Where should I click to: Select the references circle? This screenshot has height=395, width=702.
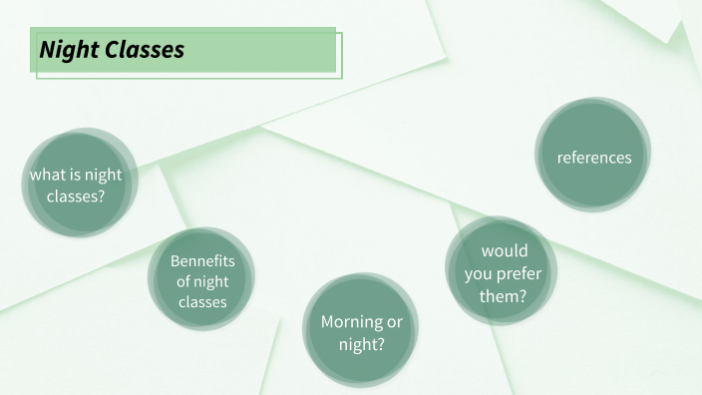(593, 155)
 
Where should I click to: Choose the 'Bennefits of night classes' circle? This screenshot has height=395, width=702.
(202, 280)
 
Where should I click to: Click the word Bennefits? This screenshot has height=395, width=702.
(202, 261)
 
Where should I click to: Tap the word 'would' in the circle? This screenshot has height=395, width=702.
(505, 250)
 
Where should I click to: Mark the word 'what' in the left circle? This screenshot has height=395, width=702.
(46, 176)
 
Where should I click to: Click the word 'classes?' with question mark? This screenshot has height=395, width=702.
(76, 196)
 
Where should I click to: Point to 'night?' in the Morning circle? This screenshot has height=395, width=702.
(361, 344)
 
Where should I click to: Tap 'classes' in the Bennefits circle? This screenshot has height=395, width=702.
(202, 302)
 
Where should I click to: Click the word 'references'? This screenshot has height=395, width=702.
(594, 158)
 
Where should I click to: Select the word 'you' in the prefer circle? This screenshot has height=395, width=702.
(478, 272)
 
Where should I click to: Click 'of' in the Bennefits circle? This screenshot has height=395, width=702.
(183, 282)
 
